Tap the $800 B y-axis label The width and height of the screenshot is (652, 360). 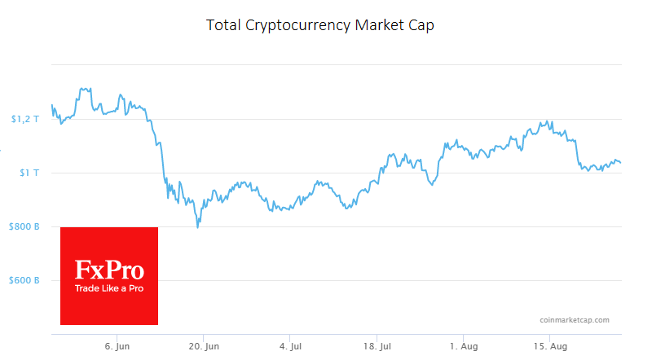(24, 226)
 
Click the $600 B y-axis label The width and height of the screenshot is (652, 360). (24, 280)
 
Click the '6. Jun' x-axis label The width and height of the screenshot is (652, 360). (117, 347)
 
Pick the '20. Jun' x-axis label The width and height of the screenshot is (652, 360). (204, 347)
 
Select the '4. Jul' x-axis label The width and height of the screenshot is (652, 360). (290, 347)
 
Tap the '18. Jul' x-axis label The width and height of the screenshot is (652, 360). (377, 347)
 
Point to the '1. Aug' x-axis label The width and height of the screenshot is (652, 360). (463, 347)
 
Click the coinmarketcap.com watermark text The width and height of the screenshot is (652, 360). (574, 320)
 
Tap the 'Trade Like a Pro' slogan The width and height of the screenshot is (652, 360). (109, 288)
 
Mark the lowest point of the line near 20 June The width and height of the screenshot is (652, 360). (197, 227)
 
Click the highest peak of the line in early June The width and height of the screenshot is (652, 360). (80, 88)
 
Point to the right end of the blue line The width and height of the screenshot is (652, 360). (621, 163)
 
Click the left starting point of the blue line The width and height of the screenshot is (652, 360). (51, 105)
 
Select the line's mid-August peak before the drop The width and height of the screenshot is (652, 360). (552, 122)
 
